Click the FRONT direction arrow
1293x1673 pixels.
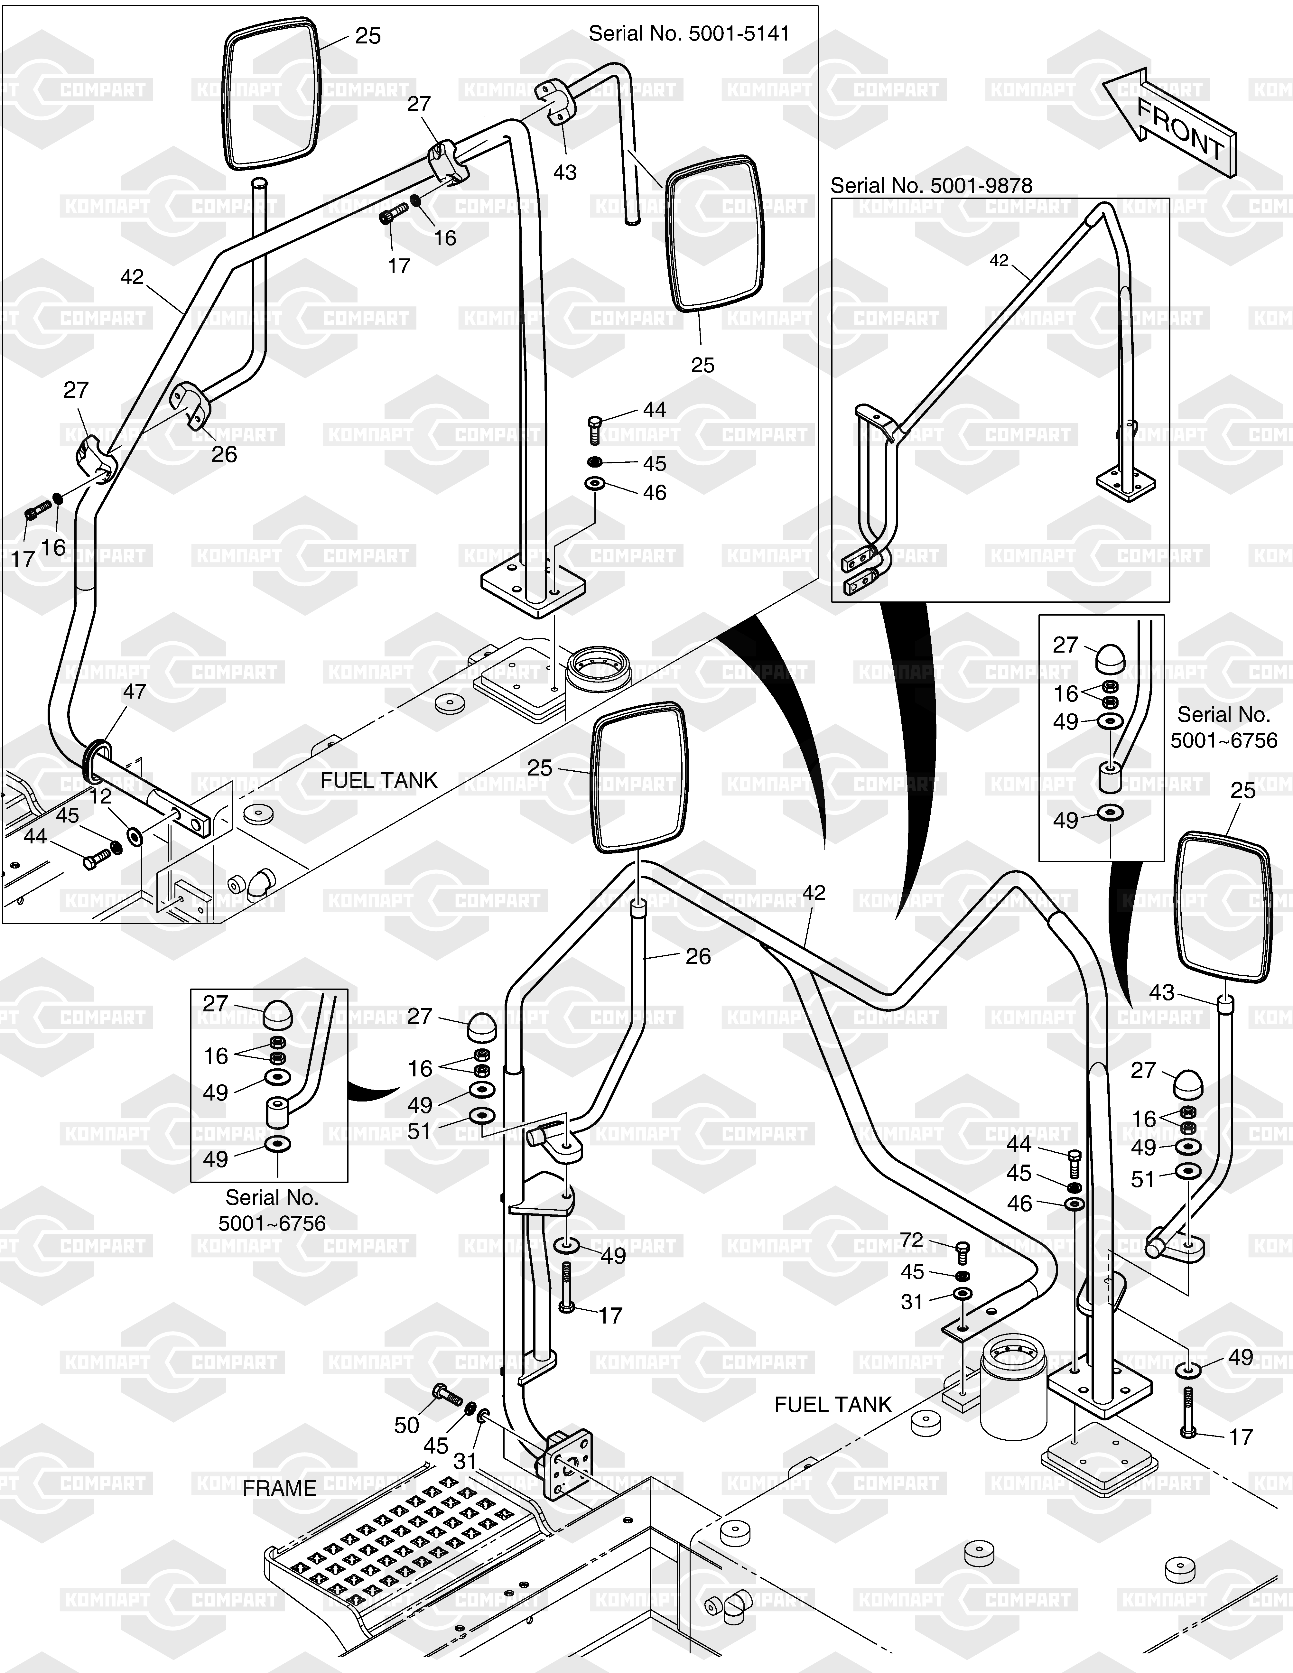coord(1170,123)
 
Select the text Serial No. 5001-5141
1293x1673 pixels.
coord(689,34)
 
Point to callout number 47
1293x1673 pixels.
coord(135,692)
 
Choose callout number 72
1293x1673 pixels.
coord(912,1240)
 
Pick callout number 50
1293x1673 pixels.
coord(407,1425)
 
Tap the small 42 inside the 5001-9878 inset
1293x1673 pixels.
coord(999,260)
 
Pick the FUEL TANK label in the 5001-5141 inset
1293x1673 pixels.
coord(378,781)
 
